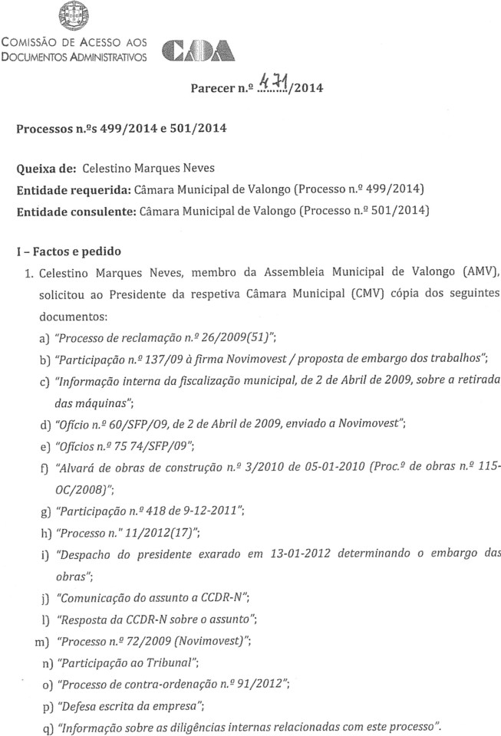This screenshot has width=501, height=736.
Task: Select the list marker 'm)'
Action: [x=36, y=639]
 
